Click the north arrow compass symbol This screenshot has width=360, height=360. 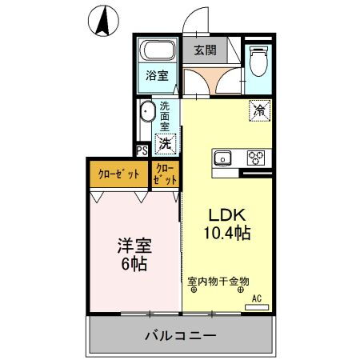(x=102, y=21)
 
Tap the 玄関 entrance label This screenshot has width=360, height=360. (x=205, y=50)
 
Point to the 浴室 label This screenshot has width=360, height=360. (x=156, y=76)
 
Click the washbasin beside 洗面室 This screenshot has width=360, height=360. (x=147, y=113)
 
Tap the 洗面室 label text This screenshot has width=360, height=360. (x=165, y=116)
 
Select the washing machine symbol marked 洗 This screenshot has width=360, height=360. (x=166, y=144)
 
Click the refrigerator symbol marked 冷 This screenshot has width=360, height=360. (x=259, y=110)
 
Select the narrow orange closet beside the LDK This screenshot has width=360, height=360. (x=165, y=174)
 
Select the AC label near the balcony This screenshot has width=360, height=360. (x=257, y=298)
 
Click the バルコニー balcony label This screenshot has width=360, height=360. (x=180, y=335)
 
